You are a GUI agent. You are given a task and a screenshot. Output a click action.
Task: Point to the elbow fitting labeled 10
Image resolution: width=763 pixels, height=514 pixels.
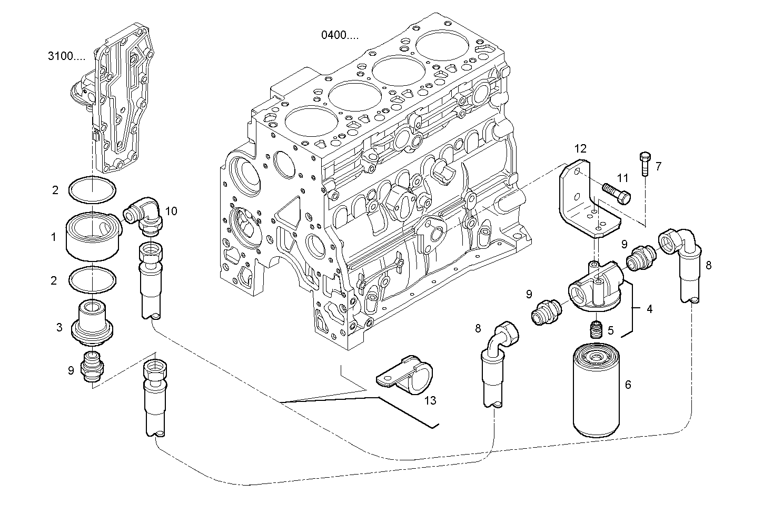tap(145, 215)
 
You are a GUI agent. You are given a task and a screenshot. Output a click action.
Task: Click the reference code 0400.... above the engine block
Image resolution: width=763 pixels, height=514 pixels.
tap(340, 35)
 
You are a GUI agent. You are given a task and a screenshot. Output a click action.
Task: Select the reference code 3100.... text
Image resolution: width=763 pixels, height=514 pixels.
tap(66, 57)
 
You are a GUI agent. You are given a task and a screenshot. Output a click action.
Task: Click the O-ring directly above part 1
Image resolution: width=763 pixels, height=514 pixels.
tap(92, 190)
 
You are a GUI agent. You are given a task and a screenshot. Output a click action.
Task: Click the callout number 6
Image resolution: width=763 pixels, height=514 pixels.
tap(628, 385)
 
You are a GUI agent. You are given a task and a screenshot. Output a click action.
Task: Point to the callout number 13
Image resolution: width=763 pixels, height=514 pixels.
tap(430, 401)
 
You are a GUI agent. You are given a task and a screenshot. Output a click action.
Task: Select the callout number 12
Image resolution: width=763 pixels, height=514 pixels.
tap(580, 149)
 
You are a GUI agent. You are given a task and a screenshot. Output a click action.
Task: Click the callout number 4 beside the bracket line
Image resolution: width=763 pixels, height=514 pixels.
tap(649, 309)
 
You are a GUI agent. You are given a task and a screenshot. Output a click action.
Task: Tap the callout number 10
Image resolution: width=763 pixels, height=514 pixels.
tap(171, 211)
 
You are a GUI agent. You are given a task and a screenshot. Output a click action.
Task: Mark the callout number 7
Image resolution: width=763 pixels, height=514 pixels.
tap(658, 167)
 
